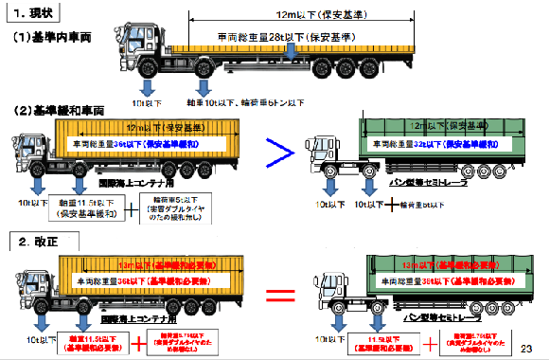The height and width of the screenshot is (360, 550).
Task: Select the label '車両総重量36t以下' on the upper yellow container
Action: [137, 144]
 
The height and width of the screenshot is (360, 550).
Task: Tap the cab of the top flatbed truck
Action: [145, 57]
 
